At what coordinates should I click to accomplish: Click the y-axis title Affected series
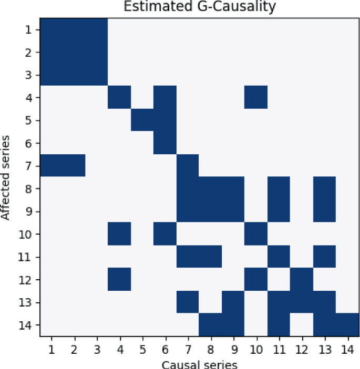tap(6, 177)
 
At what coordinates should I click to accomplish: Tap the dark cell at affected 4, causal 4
tap(119, 97)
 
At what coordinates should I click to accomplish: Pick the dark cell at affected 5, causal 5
tap(142, 120)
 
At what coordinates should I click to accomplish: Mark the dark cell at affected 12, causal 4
tap(119, 279)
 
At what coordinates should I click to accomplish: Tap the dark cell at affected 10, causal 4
tap(119, 234)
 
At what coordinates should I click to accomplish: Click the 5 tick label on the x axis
tap(142, 347)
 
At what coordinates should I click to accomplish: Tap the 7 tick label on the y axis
tap(30, 165)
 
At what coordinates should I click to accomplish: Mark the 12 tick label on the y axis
tap(27, 279)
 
